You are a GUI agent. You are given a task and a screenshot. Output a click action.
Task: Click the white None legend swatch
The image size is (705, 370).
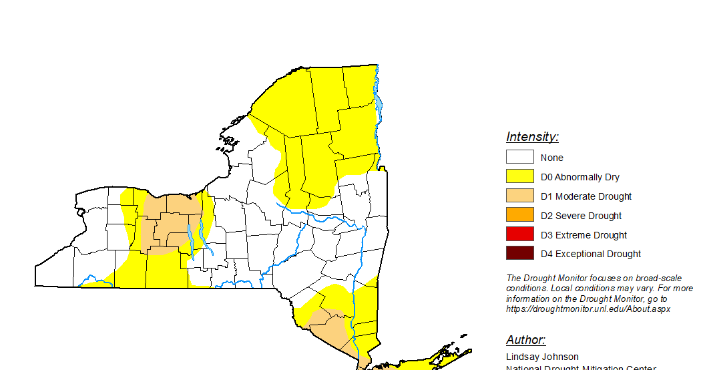tap(519, 158)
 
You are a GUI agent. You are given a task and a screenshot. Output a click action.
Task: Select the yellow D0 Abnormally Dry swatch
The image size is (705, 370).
tap(519, 177)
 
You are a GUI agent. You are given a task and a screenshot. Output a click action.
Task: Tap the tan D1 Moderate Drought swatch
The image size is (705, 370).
tap(519, 196)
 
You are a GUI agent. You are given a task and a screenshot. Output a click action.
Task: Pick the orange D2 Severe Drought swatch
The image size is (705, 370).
tap(519, 215)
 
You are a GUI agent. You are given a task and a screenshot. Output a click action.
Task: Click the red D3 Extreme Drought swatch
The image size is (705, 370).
tap(519, 234)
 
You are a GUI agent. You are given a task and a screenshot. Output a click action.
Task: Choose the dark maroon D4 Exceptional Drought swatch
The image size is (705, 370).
tap(519, 254)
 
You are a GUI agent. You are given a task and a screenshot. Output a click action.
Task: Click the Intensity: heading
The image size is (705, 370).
tap(532, 137)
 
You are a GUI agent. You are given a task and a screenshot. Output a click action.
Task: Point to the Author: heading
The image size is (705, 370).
tap(525, 340)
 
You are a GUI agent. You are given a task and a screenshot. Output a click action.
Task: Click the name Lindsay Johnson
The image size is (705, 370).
tap(542, 357)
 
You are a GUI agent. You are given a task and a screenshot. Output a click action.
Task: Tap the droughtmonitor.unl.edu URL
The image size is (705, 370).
tap(588, 309)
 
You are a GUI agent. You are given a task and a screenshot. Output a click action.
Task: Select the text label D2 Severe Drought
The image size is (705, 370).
tap(581, 216)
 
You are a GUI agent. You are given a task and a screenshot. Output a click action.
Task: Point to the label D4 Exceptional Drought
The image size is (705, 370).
tap(591, 254)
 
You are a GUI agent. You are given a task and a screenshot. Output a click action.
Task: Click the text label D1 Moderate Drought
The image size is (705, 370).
tap(586, 196)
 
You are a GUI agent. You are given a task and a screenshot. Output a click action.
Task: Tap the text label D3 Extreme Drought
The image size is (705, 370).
tap(583, 235)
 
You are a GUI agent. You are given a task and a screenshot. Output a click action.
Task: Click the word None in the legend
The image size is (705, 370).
tap(552, 158)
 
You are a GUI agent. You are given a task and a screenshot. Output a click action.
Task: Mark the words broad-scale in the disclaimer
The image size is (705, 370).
tap(668, 279)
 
